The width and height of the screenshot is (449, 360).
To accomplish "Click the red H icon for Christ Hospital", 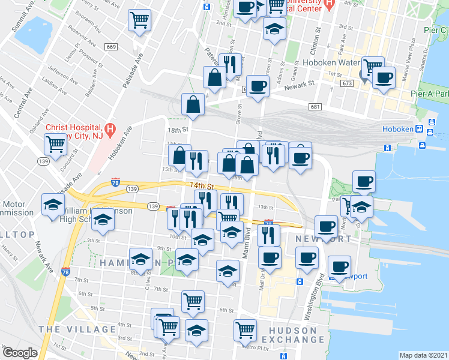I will point(110,128).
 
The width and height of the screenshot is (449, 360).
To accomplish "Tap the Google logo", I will point(20,353).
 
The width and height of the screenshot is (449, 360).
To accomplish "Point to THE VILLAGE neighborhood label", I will point(77,329).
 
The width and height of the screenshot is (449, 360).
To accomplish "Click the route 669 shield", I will point(110,47).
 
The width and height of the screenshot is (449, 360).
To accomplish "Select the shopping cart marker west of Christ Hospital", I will point(55,144).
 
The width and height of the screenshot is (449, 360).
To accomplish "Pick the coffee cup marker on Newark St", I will point(258,86).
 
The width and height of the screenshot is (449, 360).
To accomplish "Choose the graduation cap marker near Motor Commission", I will point(53,205).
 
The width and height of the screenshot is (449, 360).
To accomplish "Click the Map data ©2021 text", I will point(423,355).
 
